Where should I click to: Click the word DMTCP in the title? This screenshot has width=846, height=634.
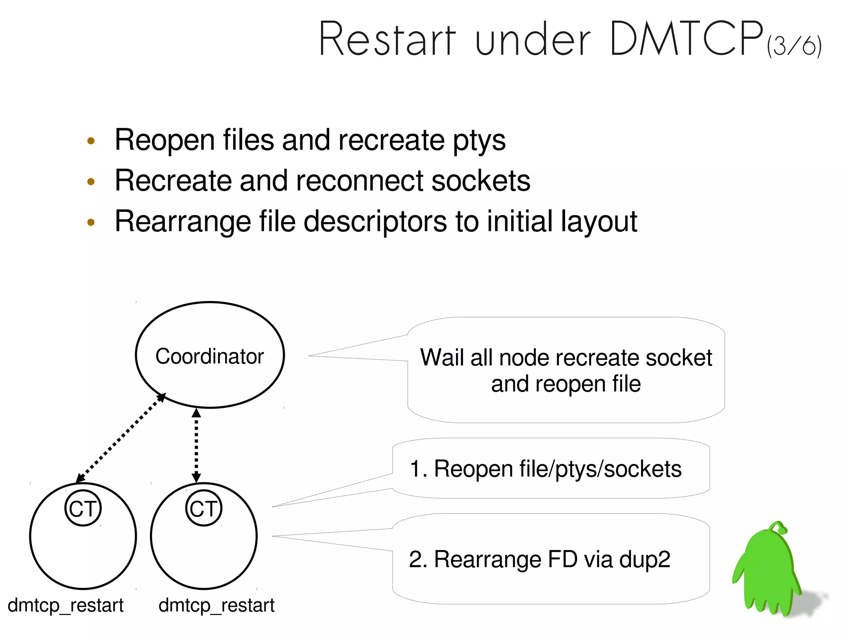(686, 39)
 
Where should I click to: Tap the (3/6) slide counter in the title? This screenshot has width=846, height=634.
(794, 45)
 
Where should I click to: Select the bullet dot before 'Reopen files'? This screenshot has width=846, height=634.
(91, 141)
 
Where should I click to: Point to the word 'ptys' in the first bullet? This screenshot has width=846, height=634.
(479, 140)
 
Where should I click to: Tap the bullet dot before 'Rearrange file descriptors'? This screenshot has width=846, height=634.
(91, 223)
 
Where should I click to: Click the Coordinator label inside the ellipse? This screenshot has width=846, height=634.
(209, 356)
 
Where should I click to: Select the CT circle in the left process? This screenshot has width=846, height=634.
(83, 508)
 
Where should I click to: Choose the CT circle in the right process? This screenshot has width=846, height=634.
(204, 508)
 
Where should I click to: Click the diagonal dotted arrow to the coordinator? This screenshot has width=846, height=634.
(121, 438)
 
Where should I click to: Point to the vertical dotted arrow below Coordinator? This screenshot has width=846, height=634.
(197, 445)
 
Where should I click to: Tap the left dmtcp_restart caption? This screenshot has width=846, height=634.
(66, 606)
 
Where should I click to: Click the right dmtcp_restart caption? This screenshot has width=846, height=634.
(216, 606)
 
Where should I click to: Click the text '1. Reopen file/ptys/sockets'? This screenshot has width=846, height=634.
(545, 469)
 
